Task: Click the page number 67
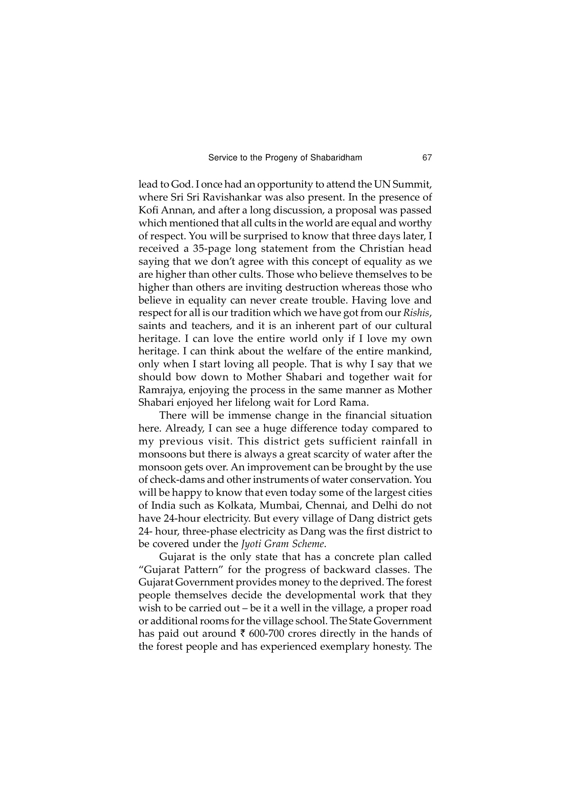427,158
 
